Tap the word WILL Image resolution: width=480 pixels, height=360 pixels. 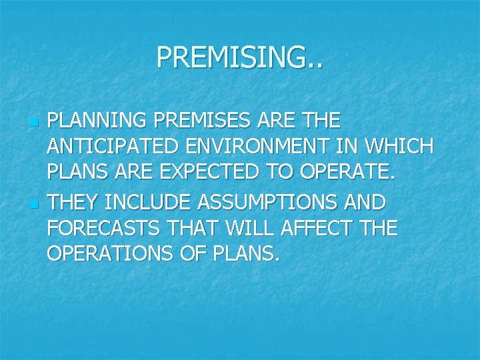250,229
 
